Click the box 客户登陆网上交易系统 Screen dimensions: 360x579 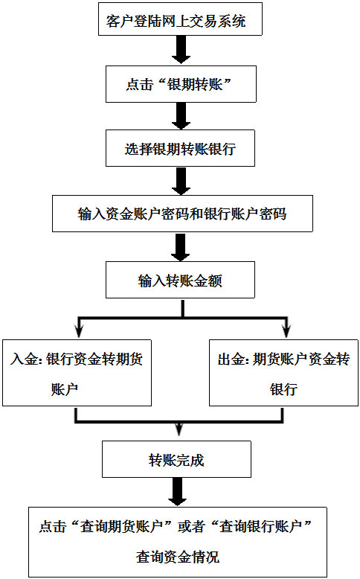[x=180, y=19]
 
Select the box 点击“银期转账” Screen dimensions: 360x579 [x=181, y=84]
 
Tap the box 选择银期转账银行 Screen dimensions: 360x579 [x=180, y=148]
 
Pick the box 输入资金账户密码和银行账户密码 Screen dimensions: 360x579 [x=182, y=214]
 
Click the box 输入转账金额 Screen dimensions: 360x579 [x=180, y=280]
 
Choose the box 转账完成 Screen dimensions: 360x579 [x=176, y=459]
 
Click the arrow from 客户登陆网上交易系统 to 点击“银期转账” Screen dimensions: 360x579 [x=181, y=50]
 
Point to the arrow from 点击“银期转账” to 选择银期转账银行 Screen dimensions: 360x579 [x=181, y=116]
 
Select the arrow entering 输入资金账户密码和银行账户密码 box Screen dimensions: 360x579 [x=181, y=181]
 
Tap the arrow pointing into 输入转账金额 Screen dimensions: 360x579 [x=181, y=247]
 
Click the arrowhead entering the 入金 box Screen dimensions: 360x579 [x=79, y=331]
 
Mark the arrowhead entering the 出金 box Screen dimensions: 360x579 [x=286, y=331]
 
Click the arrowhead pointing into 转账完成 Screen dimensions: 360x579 [x=179, y=429]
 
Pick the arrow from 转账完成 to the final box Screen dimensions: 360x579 [x=178, y=492]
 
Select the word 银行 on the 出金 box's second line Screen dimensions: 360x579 [x=283, y=389]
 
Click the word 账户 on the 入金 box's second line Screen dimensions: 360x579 [x=65, y=389]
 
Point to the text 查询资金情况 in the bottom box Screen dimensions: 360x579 [x=178, y=557]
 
